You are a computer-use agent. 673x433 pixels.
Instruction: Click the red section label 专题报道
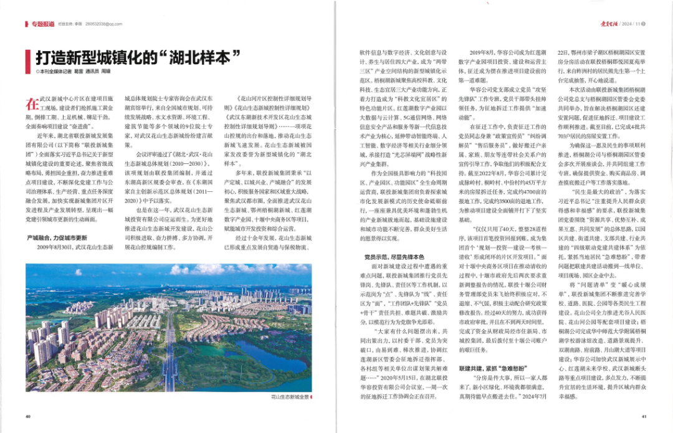coord(43,24)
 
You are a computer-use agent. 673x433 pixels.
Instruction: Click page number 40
coord(28,416)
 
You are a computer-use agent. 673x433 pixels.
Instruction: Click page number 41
coord(644,416)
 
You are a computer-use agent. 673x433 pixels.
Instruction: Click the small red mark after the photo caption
coord(313,396)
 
